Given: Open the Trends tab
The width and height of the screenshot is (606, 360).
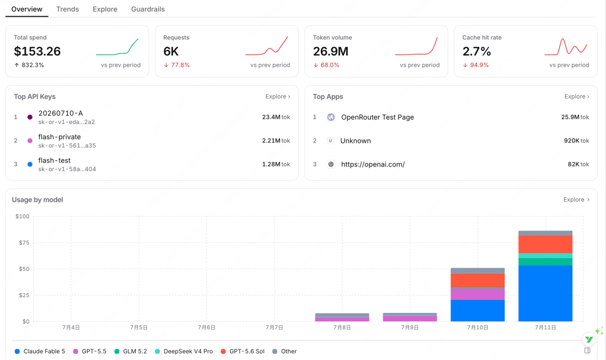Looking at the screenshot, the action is click(x=68, y=10).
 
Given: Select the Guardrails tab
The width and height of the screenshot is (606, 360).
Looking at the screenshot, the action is click(x=148, y=10).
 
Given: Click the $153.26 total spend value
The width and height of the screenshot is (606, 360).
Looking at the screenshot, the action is click(x=37, y=52).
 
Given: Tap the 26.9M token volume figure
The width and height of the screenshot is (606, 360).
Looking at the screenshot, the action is click(x=330, y=52).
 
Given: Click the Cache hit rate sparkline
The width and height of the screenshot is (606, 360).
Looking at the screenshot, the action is click(x=566, y=47).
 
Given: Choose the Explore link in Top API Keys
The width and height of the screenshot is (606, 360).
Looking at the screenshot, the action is click(x=278, y=96).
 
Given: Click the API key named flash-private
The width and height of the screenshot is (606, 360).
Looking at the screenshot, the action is click(x=59, y=137).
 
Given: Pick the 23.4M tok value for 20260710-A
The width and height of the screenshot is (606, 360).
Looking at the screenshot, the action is click(x=276, y=117).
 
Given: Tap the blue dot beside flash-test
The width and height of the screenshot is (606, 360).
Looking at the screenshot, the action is click(x=30, y=164).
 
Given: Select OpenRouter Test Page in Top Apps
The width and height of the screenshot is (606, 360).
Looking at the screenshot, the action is click(x=377, y=117).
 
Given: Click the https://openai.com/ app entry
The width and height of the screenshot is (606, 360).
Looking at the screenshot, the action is click(x=373, y=164).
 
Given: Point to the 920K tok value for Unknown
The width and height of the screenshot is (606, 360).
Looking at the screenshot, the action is click(x=576, y=141).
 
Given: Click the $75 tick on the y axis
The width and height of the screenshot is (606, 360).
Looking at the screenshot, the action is click(x=24, y=243).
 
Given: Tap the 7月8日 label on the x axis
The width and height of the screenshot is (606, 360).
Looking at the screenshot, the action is click(x=342, y=327).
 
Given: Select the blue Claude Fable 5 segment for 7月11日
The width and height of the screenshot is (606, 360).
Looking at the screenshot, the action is click(x=545, y=293).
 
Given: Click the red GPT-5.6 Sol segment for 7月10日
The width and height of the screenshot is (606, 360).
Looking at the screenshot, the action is click(x=478, y=280).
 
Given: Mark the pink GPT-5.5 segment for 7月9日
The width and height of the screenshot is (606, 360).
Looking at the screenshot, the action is click(x=410, y=319).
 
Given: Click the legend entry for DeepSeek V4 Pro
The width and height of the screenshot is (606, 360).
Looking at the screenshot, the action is click(x=184, y=352).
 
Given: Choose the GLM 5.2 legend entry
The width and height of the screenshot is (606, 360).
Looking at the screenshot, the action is click(x=131, y=352).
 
